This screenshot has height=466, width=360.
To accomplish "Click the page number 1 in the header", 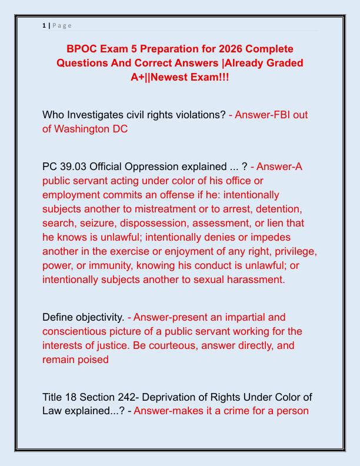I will pyautogui.click(x=44, y=25).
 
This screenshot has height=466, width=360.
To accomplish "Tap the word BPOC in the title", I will pyautogui.click(x=85, y=48).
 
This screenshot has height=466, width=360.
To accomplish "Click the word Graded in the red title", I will pyautogui.click(x=282, y=63).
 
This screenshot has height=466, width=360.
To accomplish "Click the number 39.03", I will pyautogui.click(x=74, y=167).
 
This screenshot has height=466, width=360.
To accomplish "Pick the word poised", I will pyautogui.click(x=93, y=360).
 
